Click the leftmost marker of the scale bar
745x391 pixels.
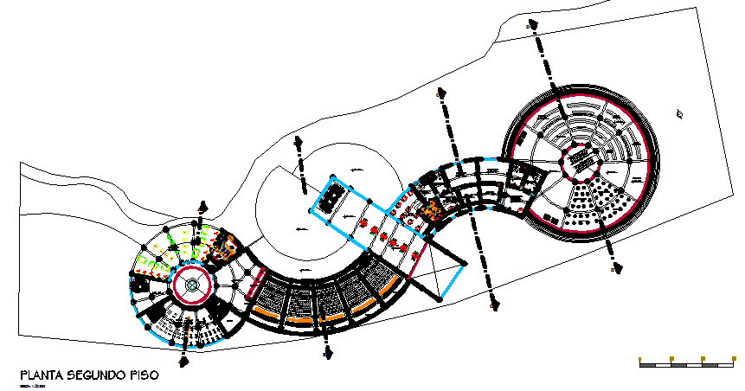pyautogui.click(x=639, y=358)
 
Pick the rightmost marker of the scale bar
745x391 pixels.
pyautogui.click(x=734, y=358)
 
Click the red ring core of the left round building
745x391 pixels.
pyautogui.click(x=192, y=284)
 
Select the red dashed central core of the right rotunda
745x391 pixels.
pyautogui.click(x=579, y=162)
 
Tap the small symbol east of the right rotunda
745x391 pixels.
pyautogui.click(x=681, y=114)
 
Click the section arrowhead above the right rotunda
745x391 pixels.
pyautogui.click(x=534, y=28)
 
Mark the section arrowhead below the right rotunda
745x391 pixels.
pyautogui.click(x=612, y=262)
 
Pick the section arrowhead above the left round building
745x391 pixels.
pyautogui.click(x=203, y=207)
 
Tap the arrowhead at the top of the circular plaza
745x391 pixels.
pyautogui.click(x=299, y=141)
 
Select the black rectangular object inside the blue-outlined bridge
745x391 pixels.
pyautogui.click(x=328, y=199)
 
